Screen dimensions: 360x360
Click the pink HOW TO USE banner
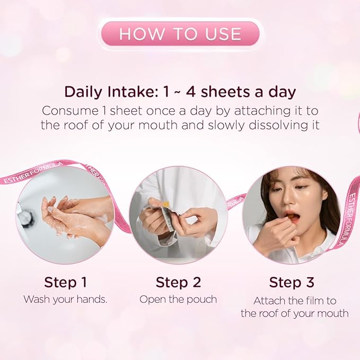(180, 34)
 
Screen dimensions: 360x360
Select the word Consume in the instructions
(70, 111)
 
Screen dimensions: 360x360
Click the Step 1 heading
(65, 282)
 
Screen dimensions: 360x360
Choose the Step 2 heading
(178, 282)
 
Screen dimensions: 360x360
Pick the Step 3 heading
(292, 282)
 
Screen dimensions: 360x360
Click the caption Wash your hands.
(65, 300)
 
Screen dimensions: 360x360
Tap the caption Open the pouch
(178, 300)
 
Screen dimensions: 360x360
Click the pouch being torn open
(164, 218)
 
